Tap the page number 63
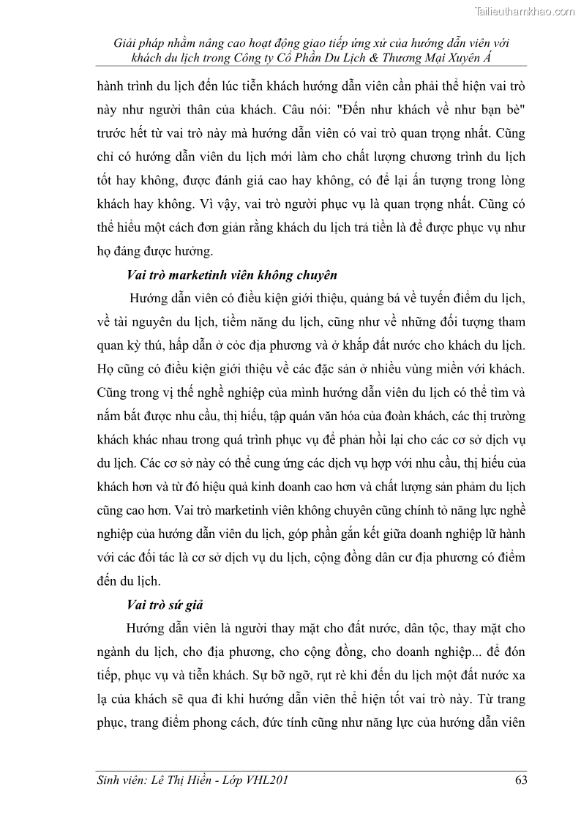(x=521, y=780)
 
